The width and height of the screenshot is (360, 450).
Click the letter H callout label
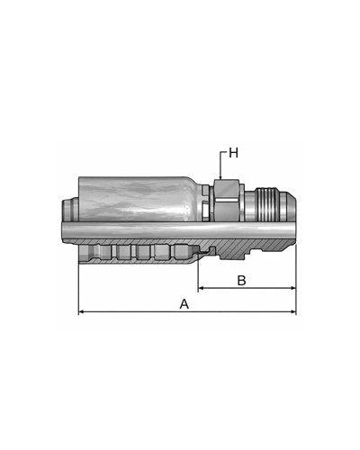(233, 153)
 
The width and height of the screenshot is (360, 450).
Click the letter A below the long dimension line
(184, 304)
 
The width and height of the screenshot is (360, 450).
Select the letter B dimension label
(241, 280)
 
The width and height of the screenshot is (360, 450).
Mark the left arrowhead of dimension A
(83, 312)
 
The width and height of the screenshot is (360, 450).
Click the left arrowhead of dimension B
(202, 288)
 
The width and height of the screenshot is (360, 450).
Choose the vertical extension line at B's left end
(198, 274)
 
